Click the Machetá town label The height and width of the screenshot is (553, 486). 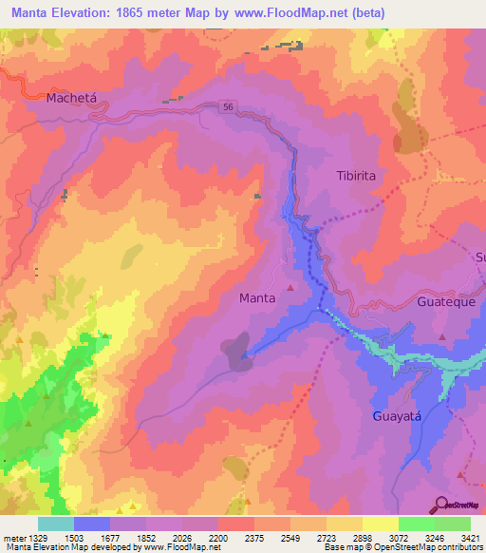click(x=72, y=98)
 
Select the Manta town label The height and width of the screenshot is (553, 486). click(x=257, y=297)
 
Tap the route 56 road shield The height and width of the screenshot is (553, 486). click(x=229, y=107)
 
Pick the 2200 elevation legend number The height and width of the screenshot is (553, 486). click(x=218, y=538)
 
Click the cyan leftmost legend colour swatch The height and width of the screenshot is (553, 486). click(x=56, y=524)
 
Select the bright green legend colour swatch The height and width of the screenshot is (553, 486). click(x=416, y=524)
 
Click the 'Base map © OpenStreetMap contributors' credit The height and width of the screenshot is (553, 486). click(x=402, y=547)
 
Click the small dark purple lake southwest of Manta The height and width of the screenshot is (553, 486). click(x=236, y=349)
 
